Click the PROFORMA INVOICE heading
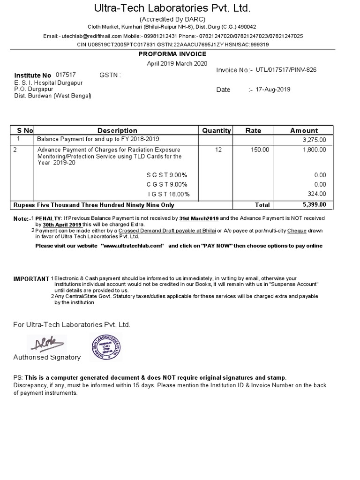[172, 54]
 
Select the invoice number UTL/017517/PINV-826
[286, 70]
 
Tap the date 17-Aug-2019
[273, 90]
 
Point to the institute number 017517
[66, 75]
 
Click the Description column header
[117, 130]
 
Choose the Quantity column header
[216, 130]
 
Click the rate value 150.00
[260, 150]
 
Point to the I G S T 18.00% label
[169, 194]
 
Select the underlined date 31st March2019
[199, 218]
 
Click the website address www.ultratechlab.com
[132, 246]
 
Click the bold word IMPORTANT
[31, 279]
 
